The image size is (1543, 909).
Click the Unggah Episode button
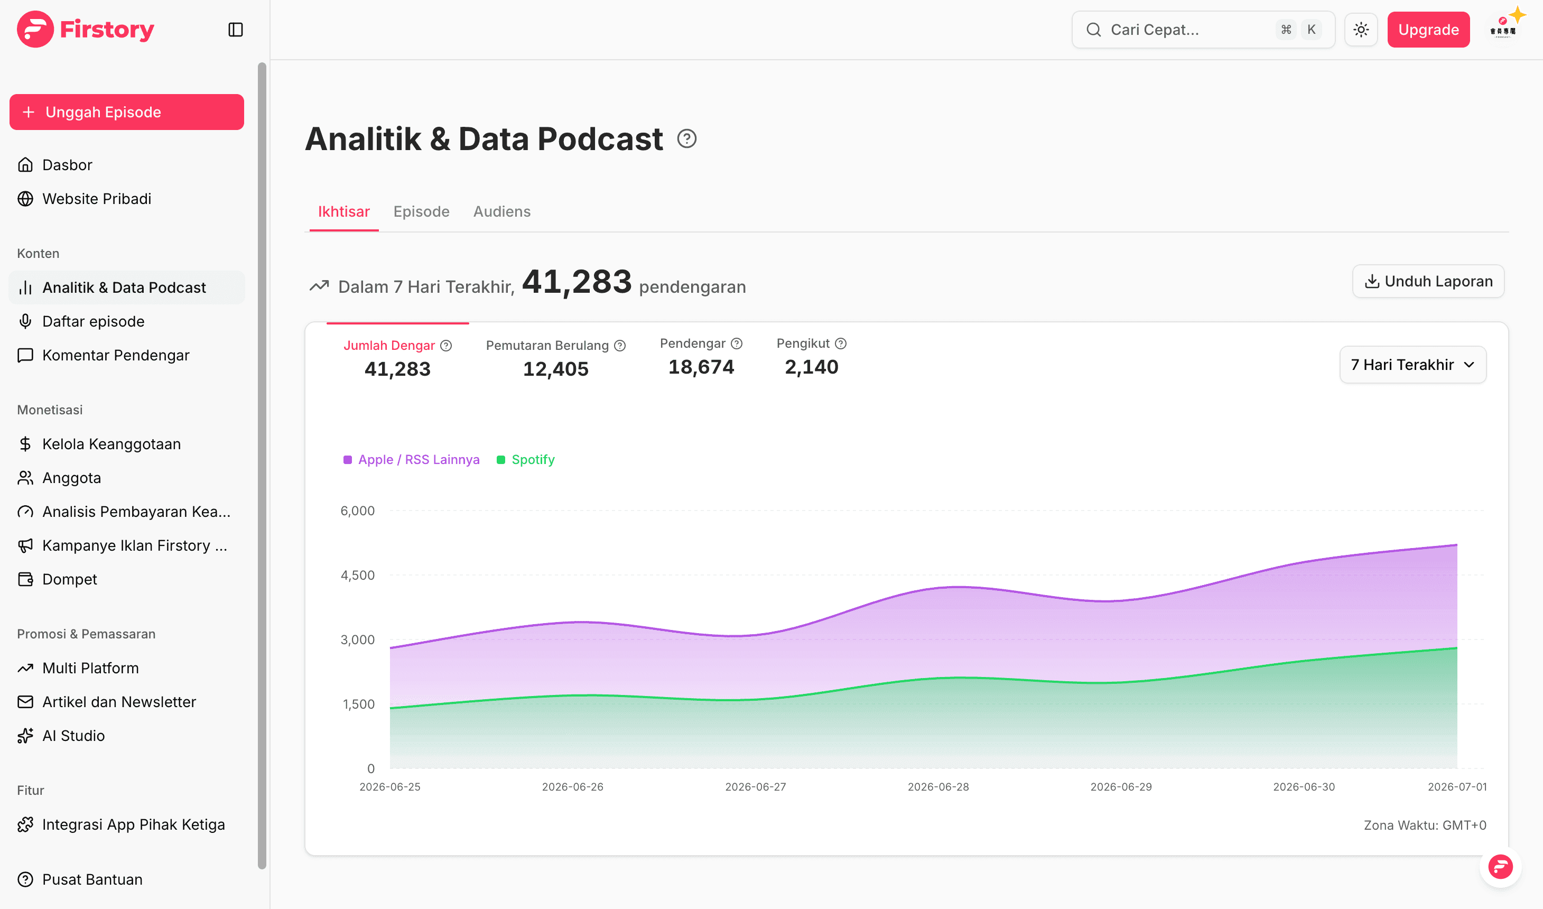pos(127,112)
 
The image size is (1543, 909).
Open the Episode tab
pos(421,211)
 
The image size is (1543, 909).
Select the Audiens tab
pos(502,211)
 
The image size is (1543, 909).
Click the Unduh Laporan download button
pos(1428,281)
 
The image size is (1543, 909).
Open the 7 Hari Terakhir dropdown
pos(1412,365)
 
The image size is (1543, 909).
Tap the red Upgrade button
pos(1428,30)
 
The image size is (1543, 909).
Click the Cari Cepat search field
pos(1203,30)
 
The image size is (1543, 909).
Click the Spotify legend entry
pos(525,459)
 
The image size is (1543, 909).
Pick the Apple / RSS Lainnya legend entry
pos(412,459)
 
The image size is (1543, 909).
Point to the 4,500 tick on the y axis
pos(358,575)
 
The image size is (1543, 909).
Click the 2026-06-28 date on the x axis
pos(938,786)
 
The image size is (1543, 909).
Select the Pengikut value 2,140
pos(811,367)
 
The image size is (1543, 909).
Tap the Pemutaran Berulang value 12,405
pos(555,369)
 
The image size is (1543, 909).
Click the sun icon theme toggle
pos(1361,30)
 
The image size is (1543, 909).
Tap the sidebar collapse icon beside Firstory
pos(236,30)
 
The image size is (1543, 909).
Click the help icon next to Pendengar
pos(737,344)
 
